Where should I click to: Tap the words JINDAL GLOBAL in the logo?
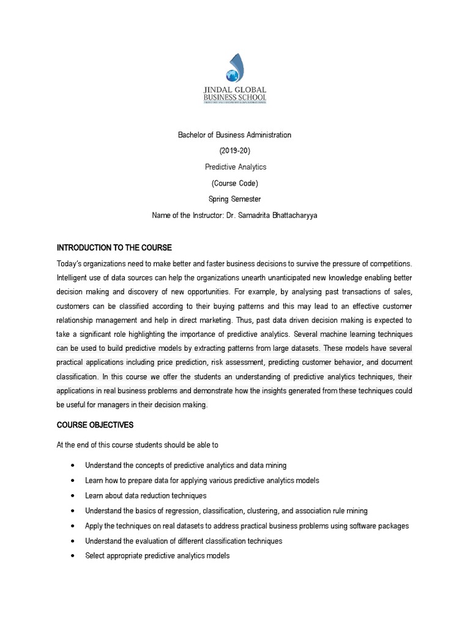click(235, 89)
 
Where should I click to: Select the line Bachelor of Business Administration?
click(234, 135)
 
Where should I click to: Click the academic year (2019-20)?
click(234, 151)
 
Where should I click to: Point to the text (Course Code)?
click(234, 182)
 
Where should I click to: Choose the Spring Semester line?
click(234, 199)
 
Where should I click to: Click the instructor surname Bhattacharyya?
click(289, 215)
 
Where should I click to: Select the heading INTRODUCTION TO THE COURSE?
click(114, 247)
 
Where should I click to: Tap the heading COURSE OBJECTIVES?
click(95, 424)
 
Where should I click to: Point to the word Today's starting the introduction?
click(71, 263)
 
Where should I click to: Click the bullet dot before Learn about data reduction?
click(73, 495)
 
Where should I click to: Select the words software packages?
click(381, 525)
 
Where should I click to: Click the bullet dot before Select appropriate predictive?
click(73, 556)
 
